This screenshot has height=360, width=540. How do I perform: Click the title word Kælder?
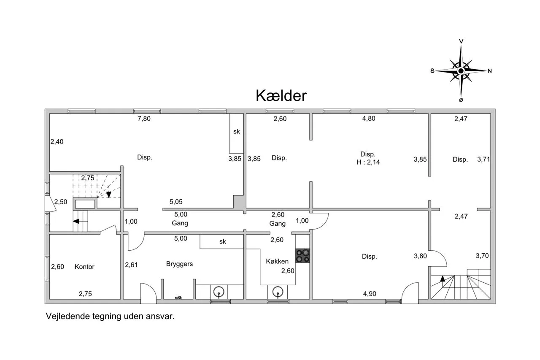(281, 95)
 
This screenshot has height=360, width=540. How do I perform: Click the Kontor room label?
(84, 267)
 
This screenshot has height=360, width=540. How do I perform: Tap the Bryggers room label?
(179, 264)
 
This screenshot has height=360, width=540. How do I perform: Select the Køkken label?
(277, 261)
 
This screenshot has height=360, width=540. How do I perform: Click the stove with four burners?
(302, 256)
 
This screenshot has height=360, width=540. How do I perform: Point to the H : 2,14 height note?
(368, 162)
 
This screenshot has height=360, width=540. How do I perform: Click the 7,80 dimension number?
(144, 119)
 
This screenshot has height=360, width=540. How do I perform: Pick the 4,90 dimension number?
(370, 294)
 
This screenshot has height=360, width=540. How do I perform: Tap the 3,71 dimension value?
(483, 159)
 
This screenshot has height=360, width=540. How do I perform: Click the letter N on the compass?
(490, 71)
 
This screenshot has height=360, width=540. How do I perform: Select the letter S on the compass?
(432, 70)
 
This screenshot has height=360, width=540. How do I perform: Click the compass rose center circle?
(461, 71)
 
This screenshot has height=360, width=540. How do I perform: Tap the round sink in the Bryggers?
(219, 292)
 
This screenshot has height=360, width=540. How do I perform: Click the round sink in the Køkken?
(278, 292)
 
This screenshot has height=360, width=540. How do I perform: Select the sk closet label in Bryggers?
(222, 241)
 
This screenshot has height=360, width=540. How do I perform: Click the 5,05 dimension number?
(176, 202)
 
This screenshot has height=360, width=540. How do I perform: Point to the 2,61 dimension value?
(131, 265)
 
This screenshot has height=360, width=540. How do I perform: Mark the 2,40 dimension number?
(57, 142)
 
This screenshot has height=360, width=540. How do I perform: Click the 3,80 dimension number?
(421, 256)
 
